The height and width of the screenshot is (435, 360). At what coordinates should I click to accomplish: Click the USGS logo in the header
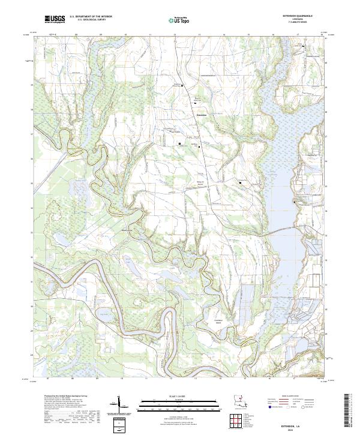click(x=54, y=19)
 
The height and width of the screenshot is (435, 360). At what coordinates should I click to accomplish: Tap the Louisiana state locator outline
click(x=238, y=400)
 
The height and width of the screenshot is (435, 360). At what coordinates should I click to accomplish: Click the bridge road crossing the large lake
click(x=282, y=230)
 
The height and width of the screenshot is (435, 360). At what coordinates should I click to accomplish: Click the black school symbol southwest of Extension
click(x=179, y=143)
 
